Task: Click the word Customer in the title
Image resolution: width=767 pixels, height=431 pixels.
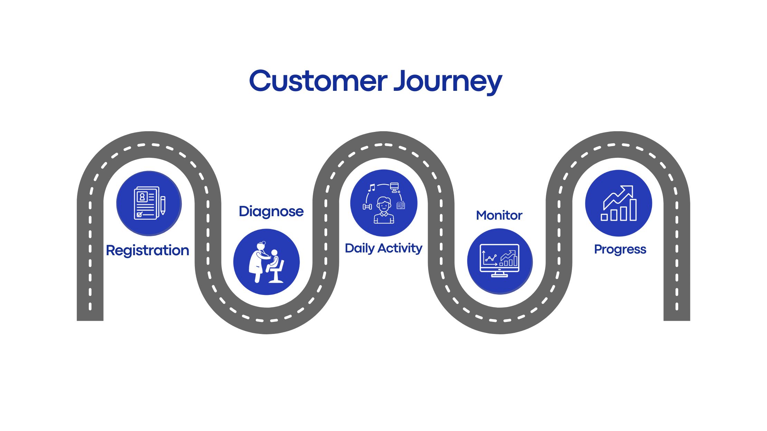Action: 318,81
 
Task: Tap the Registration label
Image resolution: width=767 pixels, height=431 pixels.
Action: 148,251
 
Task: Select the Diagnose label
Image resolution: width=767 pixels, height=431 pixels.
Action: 271,212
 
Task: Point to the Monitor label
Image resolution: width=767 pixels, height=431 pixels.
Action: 499,215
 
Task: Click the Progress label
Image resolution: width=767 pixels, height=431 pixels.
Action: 620,250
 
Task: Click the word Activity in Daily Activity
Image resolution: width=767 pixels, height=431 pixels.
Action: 400,249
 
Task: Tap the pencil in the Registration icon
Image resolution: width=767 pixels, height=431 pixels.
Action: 163,205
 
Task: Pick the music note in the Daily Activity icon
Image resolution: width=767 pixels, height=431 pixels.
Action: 371,188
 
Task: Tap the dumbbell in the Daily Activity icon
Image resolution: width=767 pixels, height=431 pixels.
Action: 367,207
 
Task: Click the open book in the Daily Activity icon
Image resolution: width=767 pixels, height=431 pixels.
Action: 401,205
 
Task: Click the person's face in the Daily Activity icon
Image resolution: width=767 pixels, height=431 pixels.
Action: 383,205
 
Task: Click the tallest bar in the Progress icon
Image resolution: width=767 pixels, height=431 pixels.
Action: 633,210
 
